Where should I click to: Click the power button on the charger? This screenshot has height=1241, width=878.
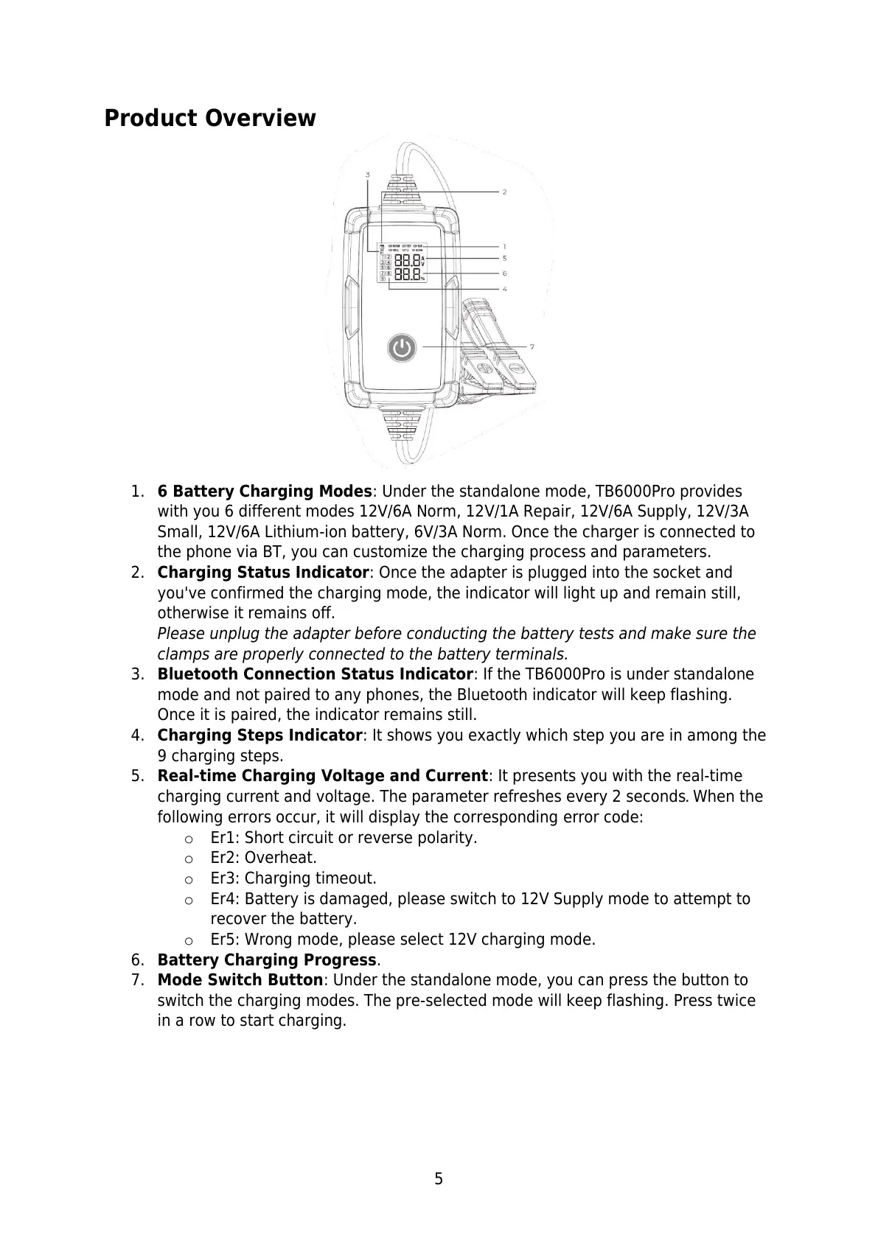pyautogui.click(x=401, y=347)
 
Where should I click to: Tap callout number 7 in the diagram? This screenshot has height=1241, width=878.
pyautogui.click(x=532, y=346)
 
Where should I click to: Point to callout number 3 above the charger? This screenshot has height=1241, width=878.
pyautogui.click(x=367, y=175)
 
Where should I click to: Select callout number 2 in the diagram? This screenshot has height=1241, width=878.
pyautogui.click(x=504, y=192)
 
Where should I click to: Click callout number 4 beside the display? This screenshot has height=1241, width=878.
pyautogui.click(x=504, y=289)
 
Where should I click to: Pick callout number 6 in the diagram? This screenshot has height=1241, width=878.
pyautogui.click(x=504, y=273)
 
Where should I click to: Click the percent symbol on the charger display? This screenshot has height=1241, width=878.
pyautogui.click(x=422, y=279)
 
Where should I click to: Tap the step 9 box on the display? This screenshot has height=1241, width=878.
pyautogui.click(x=383, y=279)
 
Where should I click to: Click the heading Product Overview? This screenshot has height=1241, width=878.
pyautogui.click(x=209, y=118)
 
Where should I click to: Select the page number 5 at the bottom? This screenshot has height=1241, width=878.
pyautogui.click(x=439, y=1179)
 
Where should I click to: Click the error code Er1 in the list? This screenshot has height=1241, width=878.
pyautogui.click(x=224, y=838)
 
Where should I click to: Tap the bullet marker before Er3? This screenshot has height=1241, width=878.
pyautogui.click(x=189, y=879)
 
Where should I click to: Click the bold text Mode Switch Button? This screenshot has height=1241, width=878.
pyautogui.click(x=240, y=980)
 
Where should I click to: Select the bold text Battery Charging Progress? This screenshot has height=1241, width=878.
pyautogui.click(x=267, y=960)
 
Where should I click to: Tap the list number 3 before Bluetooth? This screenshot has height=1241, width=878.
pyautogui.click(x=136, y=674)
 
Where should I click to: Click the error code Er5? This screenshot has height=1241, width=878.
pyautogui.click(x=224, y=940)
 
